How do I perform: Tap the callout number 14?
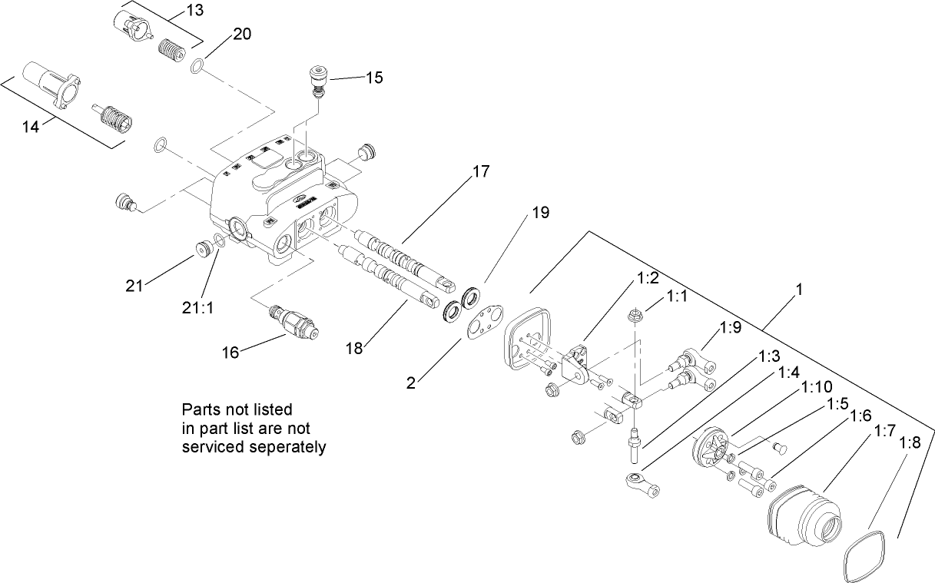point(30,127)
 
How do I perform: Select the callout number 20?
point(241,35)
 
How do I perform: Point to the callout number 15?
point(373,78)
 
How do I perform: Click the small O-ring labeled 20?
point(197,67)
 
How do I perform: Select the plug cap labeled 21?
point(204,249)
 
